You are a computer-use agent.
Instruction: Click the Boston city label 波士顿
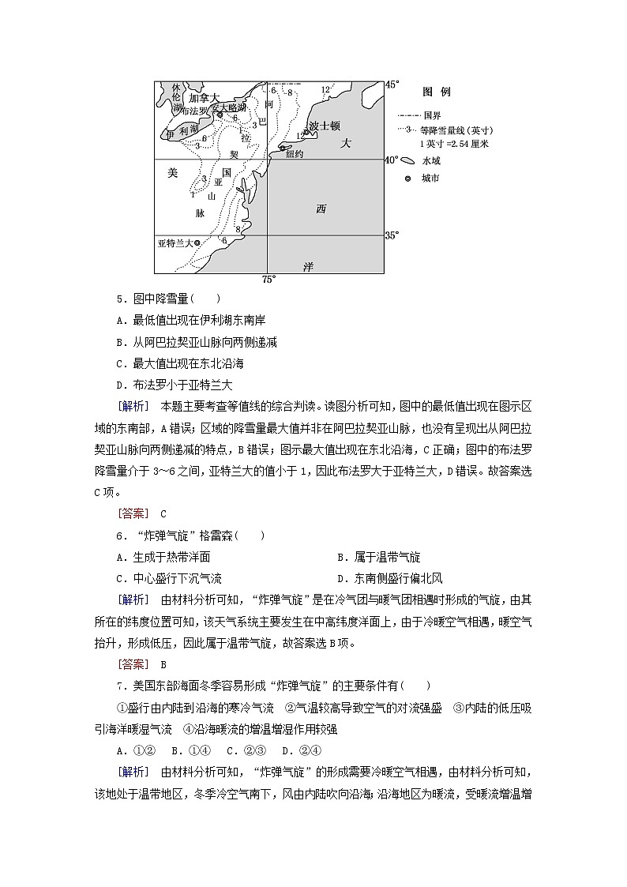point(325,126)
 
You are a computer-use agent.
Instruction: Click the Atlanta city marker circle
point(197,242)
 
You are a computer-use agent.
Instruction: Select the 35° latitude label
point(392,235)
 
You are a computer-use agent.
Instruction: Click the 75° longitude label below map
point(268,280)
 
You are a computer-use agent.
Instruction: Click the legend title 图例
point(436,92)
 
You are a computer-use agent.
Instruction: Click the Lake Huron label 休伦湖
point(177,97)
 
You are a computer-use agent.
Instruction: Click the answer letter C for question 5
point(163,513)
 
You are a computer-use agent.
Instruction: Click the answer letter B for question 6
point(163,664)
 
